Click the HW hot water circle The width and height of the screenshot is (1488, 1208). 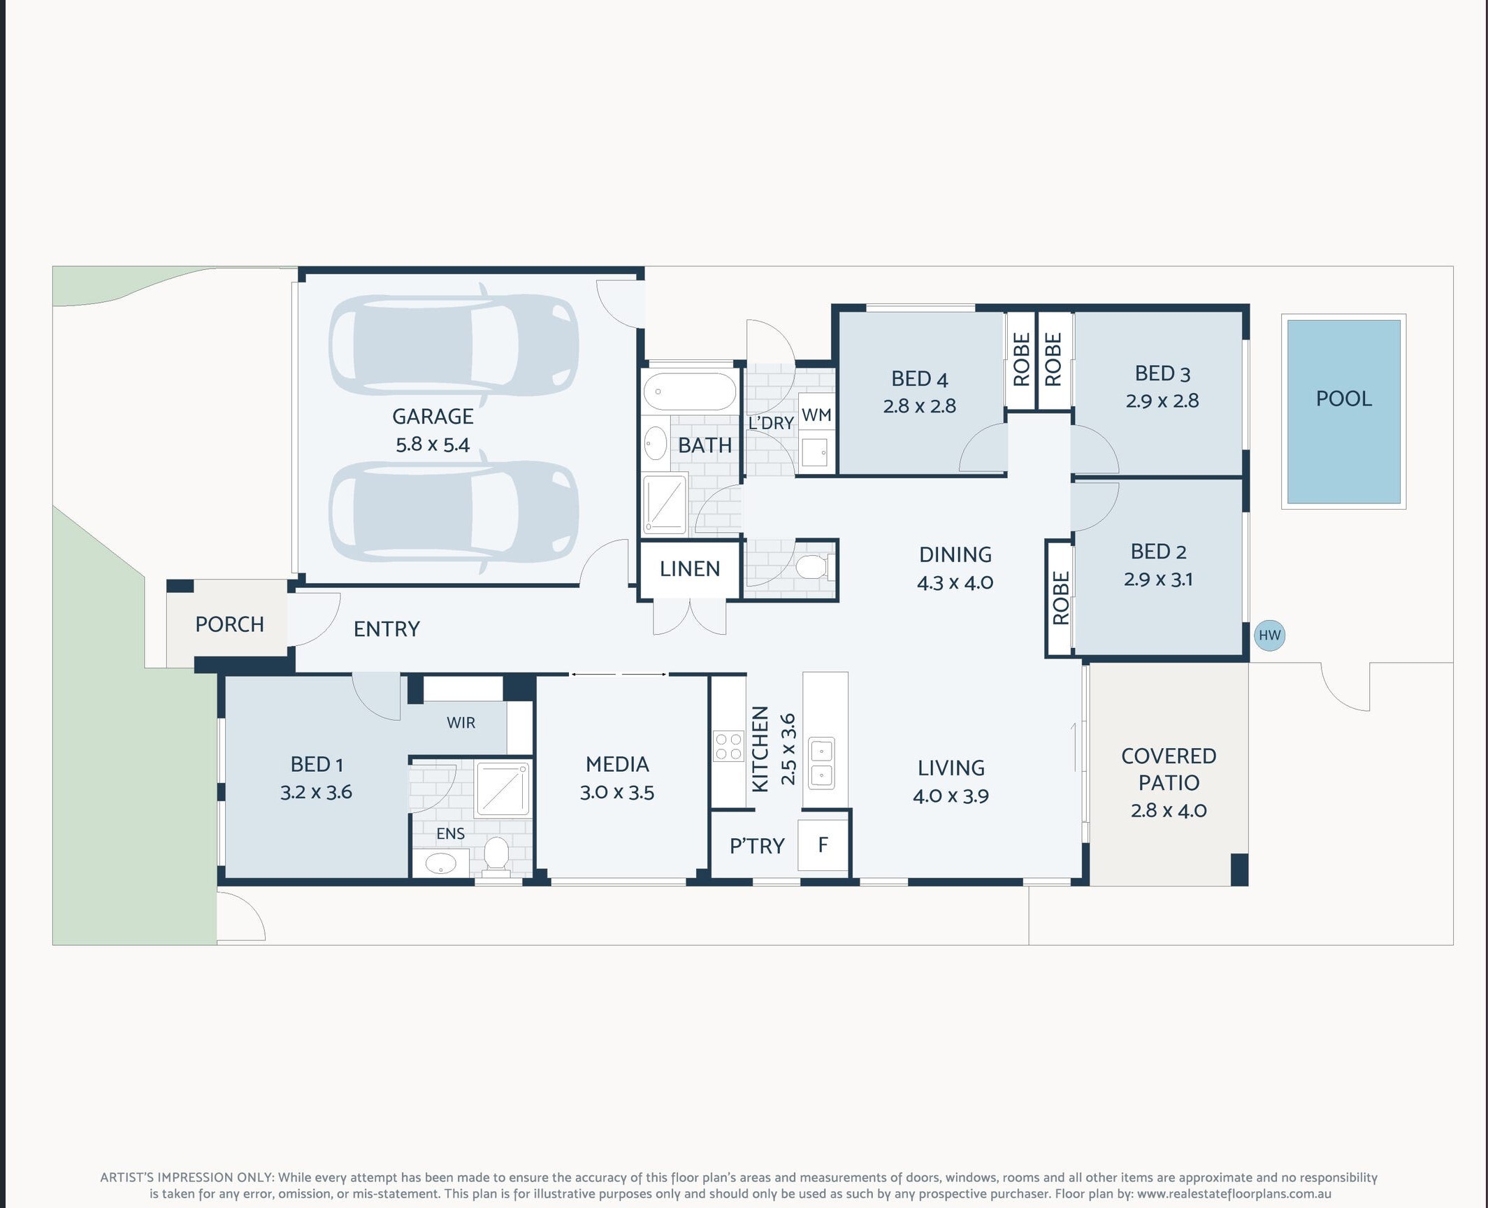(x=1269, y=635)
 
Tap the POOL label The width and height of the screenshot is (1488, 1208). (x=1343, y=398)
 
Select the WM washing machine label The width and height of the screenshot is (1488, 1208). (x=816, y=415)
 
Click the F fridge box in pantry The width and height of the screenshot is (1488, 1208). (x=823, y=845)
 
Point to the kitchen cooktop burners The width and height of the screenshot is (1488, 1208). (x=728, y=745)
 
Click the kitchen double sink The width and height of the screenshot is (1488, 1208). (x=821, y=763)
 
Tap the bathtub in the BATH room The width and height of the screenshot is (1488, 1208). (x=690, y=391)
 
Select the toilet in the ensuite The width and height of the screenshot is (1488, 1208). (x=496, y=856)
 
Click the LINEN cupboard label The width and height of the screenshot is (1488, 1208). (x=690, y=569)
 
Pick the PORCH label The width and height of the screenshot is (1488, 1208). (x=229, y=624)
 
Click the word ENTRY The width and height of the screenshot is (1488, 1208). (x=387, y=629)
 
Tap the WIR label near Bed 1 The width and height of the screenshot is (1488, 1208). (x=461, y=723)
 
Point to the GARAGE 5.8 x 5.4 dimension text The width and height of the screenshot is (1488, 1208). (x=433, y=445)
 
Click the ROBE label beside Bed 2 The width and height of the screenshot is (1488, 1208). (x=1060, y=598)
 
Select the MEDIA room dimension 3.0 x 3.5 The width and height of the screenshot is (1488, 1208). (x=617, y=793)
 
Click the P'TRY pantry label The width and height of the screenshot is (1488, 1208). (x=757, y=847)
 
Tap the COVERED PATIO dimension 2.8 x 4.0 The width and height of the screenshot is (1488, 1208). (x=1169, y=811)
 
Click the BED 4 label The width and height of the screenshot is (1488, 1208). (x=919, y=379)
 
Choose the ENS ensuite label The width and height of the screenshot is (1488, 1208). (x=450, y=833)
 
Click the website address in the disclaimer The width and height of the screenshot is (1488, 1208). (x=1234, y=1195)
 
